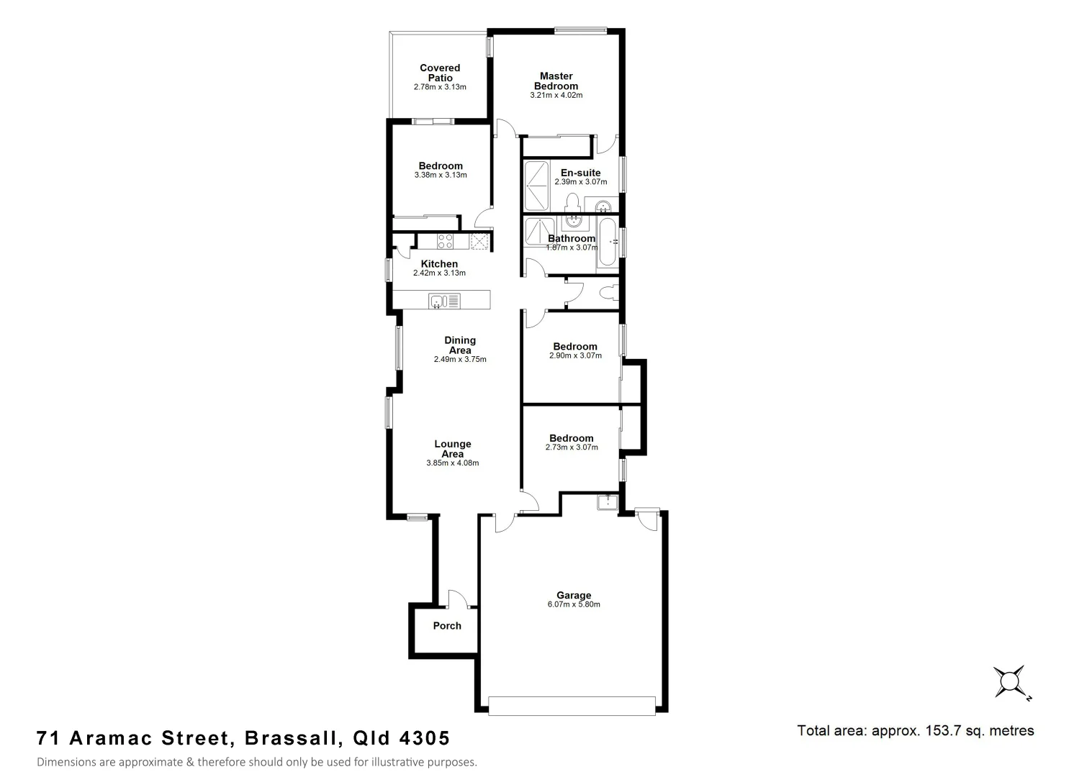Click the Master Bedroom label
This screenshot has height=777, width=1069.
point(556,81)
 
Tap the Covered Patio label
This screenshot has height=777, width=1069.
point(440,73)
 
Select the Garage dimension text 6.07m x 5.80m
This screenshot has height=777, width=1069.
point(574,604)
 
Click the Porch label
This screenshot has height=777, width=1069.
point(447,626)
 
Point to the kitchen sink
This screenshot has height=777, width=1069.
point(444,300)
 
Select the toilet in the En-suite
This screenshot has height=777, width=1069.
point(574,202)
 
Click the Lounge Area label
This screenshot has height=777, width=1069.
point(452,449)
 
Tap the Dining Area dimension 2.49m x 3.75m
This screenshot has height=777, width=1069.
point(460,359)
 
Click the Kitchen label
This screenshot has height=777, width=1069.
point(439,264)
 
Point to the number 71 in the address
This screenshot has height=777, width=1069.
point(48,738)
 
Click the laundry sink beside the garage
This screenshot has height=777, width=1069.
point(607,502)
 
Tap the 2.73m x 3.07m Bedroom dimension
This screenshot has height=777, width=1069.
point(572,447)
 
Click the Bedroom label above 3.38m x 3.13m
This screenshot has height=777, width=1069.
point(441,166)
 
